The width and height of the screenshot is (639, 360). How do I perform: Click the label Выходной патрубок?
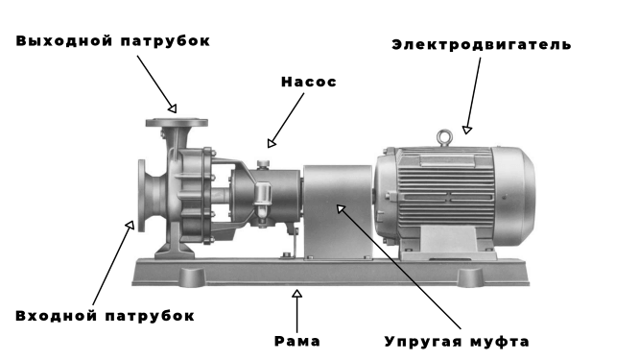[113, 41]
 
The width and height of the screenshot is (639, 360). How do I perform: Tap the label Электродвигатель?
[482, 45]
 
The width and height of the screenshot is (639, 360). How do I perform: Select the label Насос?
[309, 82]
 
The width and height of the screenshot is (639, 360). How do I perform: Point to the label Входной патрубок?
[105, 316]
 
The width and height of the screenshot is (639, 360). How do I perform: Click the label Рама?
[297, 341]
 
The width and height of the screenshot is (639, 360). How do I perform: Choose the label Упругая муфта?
[457, 342]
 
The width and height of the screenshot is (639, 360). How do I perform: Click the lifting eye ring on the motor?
[444, 137]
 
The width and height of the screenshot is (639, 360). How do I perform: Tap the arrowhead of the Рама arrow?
[297, 294]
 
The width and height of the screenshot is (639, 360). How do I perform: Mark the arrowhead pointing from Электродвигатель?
[467, 130]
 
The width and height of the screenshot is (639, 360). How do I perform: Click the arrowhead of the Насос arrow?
[272, 143]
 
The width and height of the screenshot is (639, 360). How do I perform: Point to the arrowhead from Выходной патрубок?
[173, 108]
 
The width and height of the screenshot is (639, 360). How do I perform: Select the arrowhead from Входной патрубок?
[130, 225]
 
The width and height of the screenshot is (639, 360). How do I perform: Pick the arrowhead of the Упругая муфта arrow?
[341, 208]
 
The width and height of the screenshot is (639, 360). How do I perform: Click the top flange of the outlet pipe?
[177, 122]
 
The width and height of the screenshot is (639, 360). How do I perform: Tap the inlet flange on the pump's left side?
[141, 196]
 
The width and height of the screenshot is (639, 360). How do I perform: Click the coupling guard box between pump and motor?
[338, 211]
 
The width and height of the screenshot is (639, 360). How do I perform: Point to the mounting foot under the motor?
[448, 243]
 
